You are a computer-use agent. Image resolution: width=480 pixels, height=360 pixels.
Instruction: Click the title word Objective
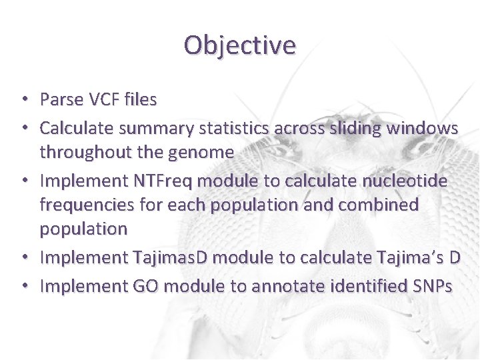click(239, 45)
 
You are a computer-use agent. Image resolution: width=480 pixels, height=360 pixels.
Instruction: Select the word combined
click(379, 205)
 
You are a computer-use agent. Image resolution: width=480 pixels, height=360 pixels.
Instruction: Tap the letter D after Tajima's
click(454, 258)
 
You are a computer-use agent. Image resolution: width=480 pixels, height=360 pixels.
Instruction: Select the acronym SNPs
click(433, 286)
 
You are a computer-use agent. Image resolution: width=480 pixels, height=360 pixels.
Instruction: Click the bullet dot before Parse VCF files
click(23, 100)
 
